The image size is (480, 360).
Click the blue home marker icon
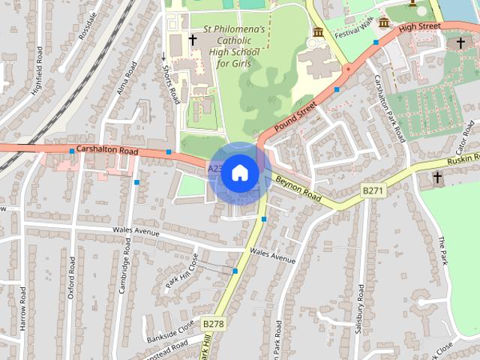click(239, 172)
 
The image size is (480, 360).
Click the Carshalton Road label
click(107, 151)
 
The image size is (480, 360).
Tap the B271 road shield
click(373, 191)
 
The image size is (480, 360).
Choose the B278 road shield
click(213, 323)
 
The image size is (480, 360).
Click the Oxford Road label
click(72, 278)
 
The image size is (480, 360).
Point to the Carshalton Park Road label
click(389, 109)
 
